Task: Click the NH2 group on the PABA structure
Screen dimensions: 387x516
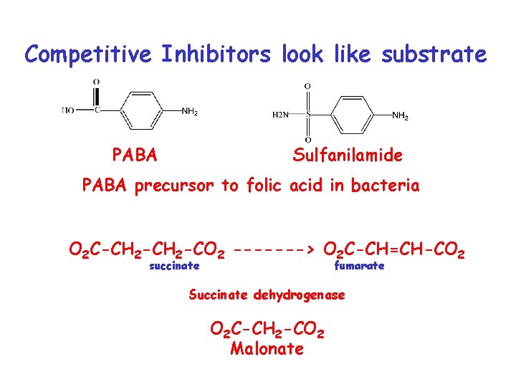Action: click(x=189, y=111)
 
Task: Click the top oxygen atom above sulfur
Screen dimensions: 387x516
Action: click(x=307, y=87)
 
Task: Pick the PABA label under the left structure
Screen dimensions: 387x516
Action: click(x=135, y=155)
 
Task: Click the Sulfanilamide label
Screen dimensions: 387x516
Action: click(x=348, y=155)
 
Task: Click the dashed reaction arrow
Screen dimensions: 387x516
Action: click(x=273, y=250)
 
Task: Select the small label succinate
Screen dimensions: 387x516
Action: click(x=174, y=266)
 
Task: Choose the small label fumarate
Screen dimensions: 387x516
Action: click(x=360, y=266)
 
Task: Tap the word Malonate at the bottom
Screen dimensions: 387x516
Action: click(x=267, y=349)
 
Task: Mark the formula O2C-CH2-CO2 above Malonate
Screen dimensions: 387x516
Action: click(x=267, y=330)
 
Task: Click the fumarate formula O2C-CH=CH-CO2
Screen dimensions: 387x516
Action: click(x=395, y=250)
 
